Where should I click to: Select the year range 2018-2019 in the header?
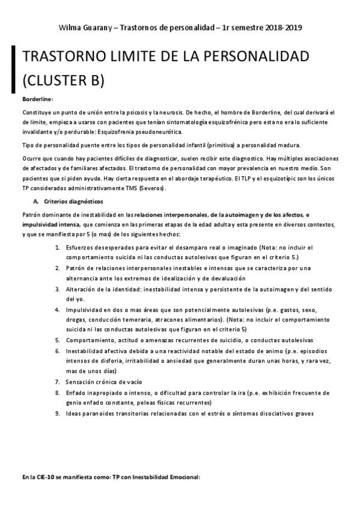(282, 28)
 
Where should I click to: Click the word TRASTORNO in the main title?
(66, 58)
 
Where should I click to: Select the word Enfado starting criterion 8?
(78, 392)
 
